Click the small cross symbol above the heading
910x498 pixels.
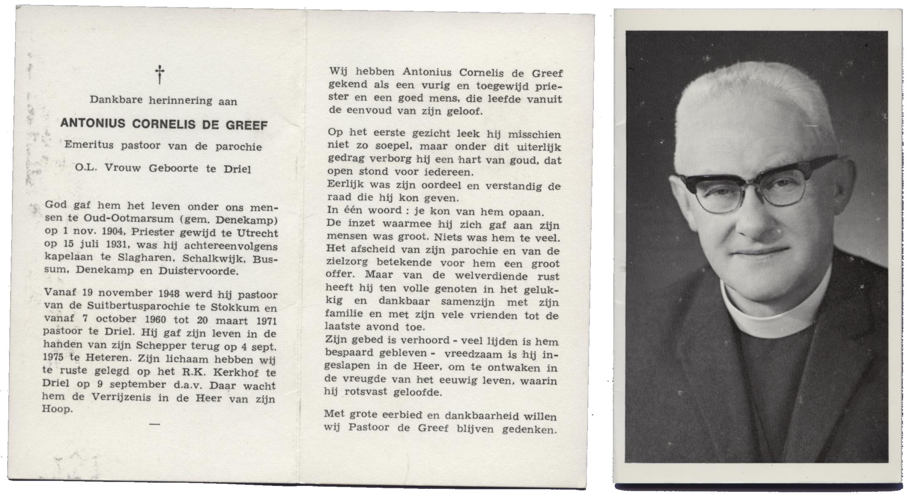point(159,74)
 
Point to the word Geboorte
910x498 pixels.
point(174,168)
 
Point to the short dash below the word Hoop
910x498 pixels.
point(154,424)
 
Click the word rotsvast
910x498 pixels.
point(362,391)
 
